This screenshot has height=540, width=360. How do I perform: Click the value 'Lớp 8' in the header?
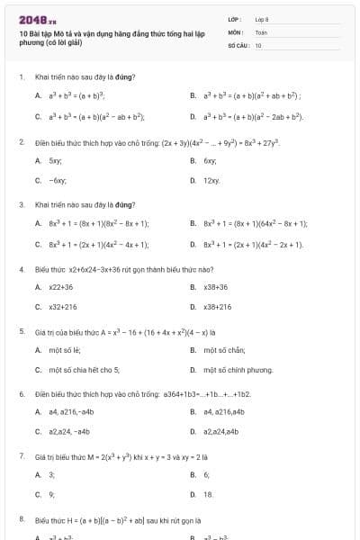262,19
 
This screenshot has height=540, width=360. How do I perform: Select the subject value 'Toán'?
261,31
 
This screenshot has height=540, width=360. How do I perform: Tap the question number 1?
21,76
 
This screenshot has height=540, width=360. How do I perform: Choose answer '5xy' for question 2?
55,160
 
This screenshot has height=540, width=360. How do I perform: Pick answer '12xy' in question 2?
211,181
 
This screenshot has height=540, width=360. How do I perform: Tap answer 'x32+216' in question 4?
63,307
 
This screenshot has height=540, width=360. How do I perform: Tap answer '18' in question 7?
209,494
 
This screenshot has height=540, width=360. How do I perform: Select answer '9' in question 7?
51,494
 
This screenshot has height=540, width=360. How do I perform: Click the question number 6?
21,394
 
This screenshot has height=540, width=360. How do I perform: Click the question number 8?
21,519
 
